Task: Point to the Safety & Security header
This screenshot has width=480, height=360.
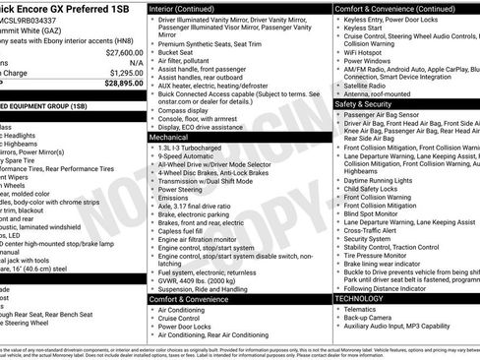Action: pos(364,102)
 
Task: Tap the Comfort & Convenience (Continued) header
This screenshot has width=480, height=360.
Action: pos(392,7)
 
